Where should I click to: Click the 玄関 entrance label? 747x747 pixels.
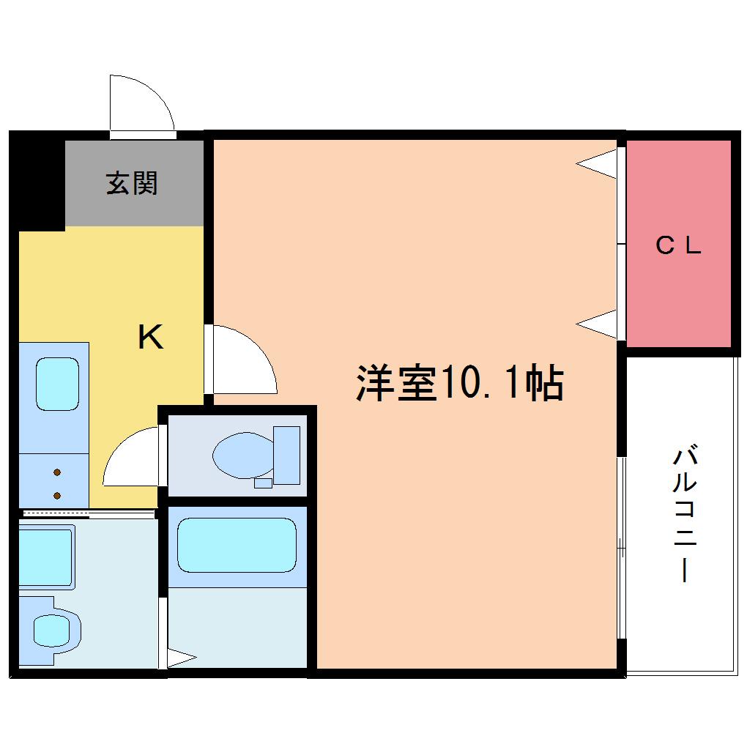point(132,183)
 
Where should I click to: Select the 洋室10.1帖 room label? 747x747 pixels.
point(460,383)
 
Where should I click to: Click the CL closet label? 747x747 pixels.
point(678,245)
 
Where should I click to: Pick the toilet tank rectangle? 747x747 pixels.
point(287,456)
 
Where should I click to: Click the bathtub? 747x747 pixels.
point(237,545)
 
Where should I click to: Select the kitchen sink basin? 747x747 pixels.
point(58,384)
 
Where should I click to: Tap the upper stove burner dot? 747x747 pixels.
point(57,472)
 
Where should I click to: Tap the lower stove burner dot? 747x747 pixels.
point(57,496)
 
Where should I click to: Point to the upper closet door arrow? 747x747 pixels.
point(596,164)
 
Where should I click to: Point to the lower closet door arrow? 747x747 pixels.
point(596,324)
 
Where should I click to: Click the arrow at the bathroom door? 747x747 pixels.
point(182,658)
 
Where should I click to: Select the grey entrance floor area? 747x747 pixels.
point(134,183)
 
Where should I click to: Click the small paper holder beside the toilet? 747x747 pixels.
point(263,483)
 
